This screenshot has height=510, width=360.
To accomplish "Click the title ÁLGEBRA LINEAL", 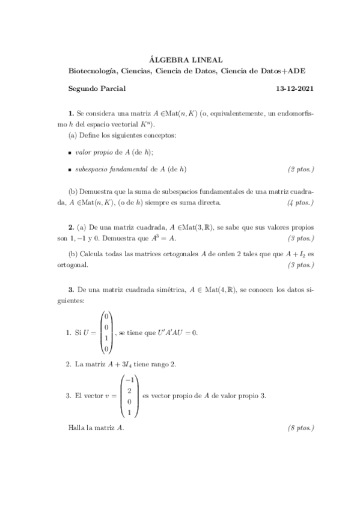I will (x=185, y=60).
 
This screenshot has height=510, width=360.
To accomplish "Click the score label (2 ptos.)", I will (x=301, y=169).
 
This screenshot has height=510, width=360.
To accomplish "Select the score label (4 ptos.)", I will (x=301, y=202).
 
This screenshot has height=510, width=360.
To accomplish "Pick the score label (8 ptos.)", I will (x=301, y=428).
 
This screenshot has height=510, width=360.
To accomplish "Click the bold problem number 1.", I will (x=71, y=112).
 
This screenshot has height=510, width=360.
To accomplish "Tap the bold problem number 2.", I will (x=71, y=229).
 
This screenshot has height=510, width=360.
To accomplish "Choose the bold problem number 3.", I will (x=71, y=289).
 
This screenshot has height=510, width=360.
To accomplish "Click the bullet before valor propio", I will (x=70, y=153).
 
